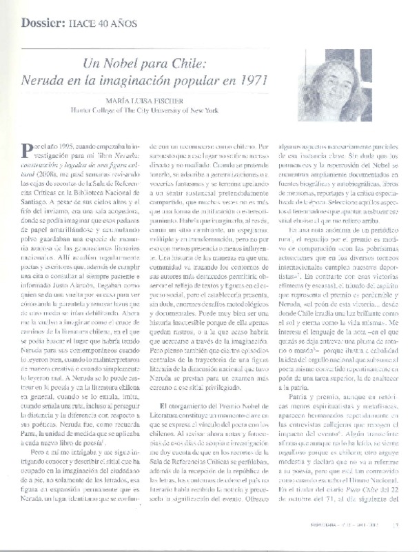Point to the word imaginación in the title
pyautogui.click(x=157, y=79)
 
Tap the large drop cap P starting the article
pyautogui.click(x=28, y=151)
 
